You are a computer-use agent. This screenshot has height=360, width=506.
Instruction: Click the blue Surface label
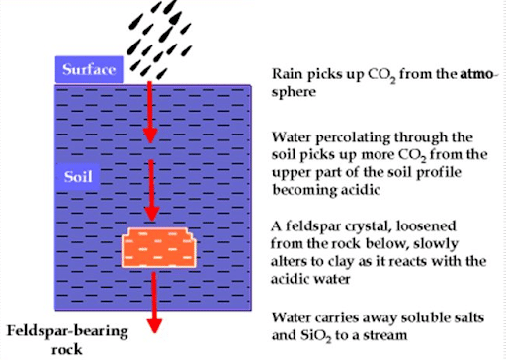point(89,69)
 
